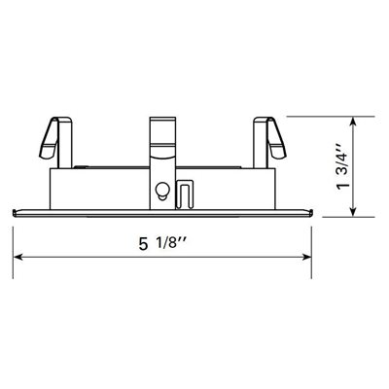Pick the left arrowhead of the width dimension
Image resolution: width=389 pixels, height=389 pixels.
pos(18,257)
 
